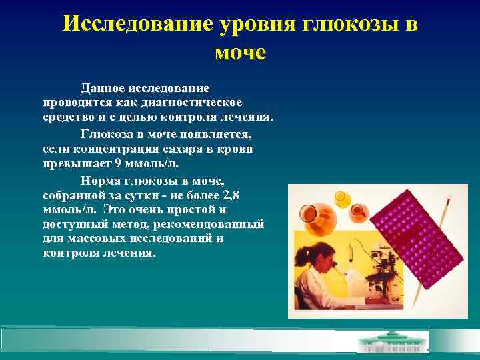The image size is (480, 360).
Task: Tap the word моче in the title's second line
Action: click(240, 51)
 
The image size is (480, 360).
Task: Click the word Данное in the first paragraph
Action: click(101, 88)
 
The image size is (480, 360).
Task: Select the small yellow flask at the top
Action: click(342, 198)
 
